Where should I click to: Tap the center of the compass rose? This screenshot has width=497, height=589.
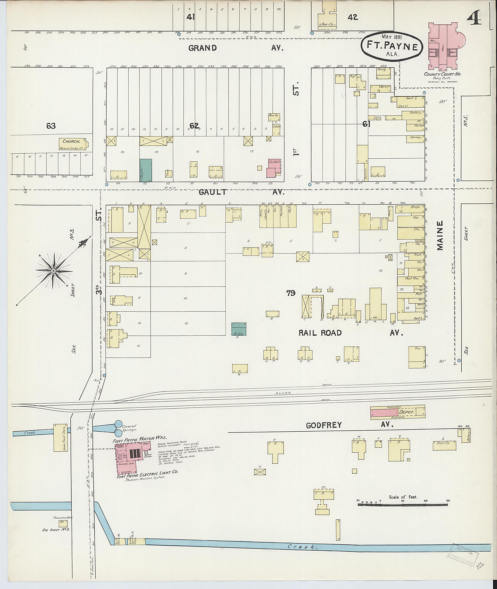tap(53, 271)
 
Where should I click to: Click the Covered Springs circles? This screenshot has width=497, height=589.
tap(119, 428)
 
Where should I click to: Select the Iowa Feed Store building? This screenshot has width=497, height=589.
tap(61, 437)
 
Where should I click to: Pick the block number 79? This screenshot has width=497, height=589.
tap(291, 293)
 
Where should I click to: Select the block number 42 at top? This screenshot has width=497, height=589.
tap(353, 17)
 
